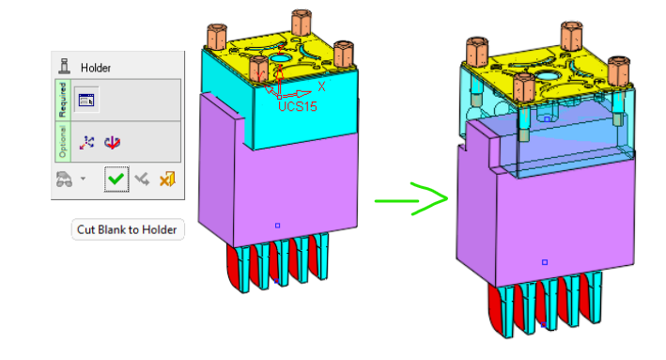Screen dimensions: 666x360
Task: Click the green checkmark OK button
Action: point(116,179)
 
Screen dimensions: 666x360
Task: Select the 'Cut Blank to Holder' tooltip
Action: point(128,230)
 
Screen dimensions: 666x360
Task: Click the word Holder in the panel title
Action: point(96,68)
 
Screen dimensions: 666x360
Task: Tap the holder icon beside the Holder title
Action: point(64,67)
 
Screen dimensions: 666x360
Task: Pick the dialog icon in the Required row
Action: point(86,101)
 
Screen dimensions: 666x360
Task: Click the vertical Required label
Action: point(62,100)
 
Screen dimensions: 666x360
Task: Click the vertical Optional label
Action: point(62,142)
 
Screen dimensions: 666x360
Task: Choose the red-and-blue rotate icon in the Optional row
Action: point(113,142)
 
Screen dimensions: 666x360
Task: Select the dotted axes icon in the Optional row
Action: point(86,142)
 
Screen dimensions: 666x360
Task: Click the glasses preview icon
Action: point(64,180)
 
